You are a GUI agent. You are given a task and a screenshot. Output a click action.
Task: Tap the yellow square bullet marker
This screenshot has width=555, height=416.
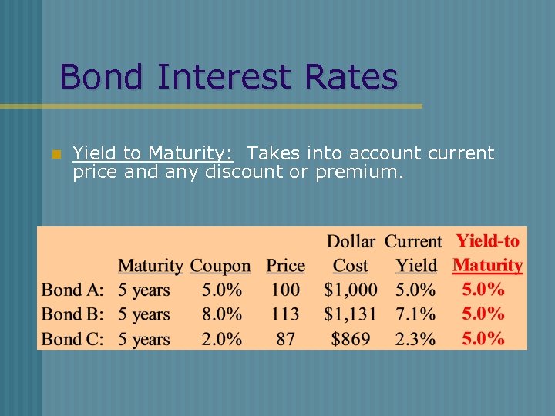point(55,155)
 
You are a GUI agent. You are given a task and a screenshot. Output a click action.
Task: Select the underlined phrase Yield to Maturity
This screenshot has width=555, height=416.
point(153,153)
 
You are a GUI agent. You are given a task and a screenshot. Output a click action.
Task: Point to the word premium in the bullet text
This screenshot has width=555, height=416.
point(358,172)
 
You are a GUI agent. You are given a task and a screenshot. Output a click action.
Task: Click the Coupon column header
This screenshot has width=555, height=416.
point(220,266)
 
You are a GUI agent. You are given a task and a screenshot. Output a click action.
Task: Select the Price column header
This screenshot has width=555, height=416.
point(285,266)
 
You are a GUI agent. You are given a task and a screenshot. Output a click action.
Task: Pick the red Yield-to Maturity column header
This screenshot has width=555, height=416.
point(487,253)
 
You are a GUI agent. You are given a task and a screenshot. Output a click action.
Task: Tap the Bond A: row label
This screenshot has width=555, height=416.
point(72,290)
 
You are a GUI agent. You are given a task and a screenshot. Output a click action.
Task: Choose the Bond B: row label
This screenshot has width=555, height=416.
point(72,314)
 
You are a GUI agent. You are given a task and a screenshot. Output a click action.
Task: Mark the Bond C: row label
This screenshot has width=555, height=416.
point(72,338)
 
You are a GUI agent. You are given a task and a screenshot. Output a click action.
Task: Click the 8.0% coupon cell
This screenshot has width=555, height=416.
point(222,314)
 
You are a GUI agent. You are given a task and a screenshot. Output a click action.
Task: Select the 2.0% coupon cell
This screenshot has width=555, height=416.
point(222,338)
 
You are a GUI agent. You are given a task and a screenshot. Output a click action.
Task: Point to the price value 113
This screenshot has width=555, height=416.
point(285,314)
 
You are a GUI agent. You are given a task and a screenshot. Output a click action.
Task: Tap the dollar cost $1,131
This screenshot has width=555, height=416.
point(351,314)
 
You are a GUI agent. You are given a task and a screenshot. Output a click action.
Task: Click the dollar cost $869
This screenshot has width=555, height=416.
point(351,338)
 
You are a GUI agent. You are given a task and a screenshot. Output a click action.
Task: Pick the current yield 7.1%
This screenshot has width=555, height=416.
point(415,314)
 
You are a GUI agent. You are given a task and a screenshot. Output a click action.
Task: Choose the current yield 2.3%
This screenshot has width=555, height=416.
point(415,338)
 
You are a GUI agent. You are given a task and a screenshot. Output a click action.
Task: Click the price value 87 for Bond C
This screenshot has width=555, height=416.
point(285,338)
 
